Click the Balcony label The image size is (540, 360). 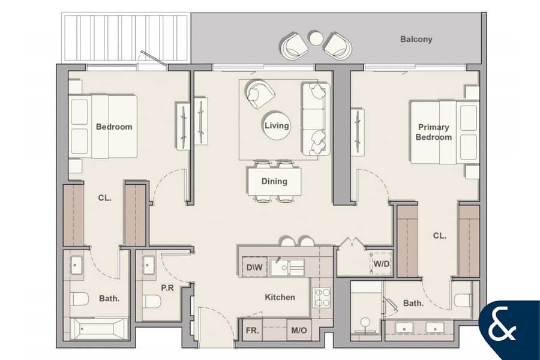click(x=416, y=39)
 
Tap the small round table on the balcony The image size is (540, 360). click(x=315, y=38)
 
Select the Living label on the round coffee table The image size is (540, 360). click(x=277, y=126)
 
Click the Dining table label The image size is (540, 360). click(x=274, y=181)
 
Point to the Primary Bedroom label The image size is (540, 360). click(x=434, y=132)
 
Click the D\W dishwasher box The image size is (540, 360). click(x=254, y=267)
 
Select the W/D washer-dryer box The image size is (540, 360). click(x=382, y=264)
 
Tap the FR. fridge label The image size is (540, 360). click(x=252, y=331)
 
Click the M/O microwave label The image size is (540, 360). click(x=299, y=331)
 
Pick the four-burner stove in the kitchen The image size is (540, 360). click(x=322, y=298)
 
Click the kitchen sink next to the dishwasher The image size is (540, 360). click(x=287, y=268)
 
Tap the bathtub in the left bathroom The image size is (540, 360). click(x=99, y=328)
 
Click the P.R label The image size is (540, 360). click(x=167, y=287)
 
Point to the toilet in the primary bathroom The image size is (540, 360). click(x=464, y=300)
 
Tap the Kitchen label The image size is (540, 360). click(x=280, y=297)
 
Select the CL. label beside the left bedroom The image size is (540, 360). click(x=104, y=198)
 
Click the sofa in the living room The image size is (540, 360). click(x=316, y=119)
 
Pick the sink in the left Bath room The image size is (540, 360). click(x=76, y=265)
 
